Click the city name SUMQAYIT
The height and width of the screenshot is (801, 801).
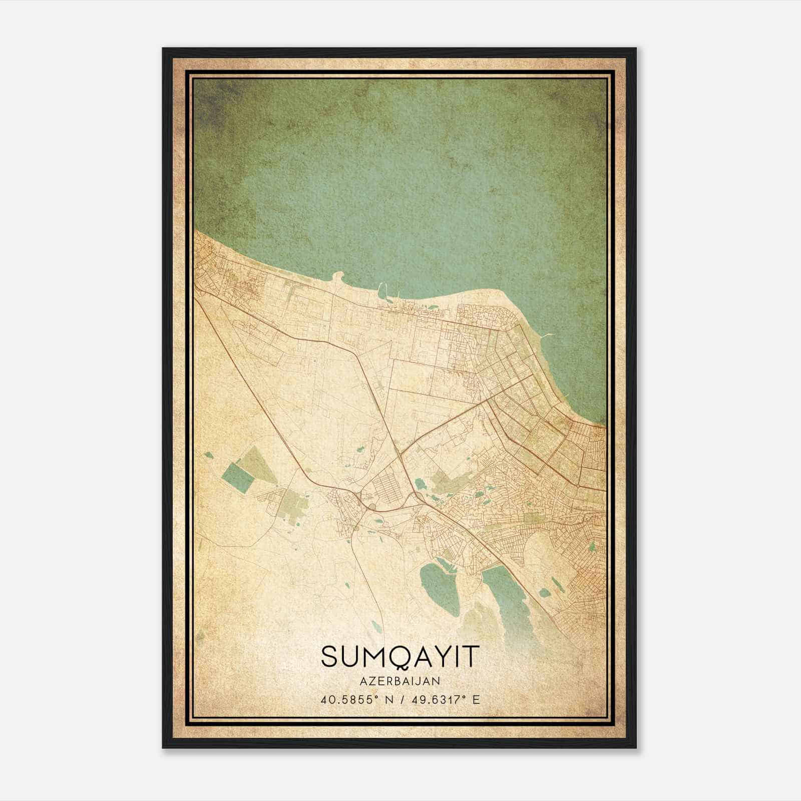pyautogui.click(x=400, y=656)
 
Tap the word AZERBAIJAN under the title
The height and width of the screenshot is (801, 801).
pyautogui.click(x=400, y=681)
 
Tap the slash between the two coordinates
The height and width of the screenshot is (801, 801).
pyautogui.click(x=400, y=699)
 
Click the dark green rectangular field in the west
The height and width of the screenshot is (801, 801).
pyautogui.click(x=238, y=478)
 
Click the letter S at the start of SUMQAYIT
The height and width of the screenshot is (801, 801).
pyautogui.click(x=331, y=656)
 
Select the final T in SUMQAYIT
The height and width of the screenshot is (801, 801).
pyautogui.click(x=470, y=656)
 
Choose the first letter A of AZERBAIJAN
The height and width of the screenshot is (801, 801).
pyautogui.click(x=363, y=681)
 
